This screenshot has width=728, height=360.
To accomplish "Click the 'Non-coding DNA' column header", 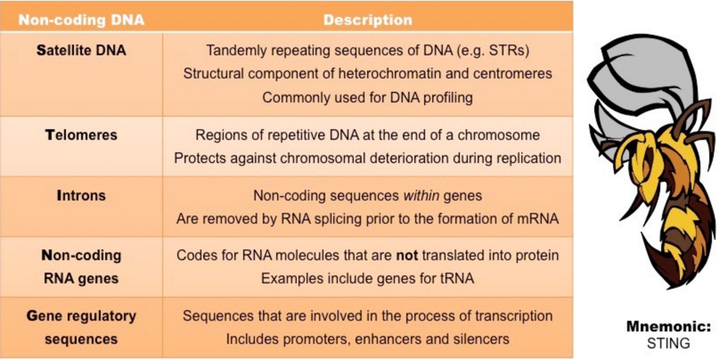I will coord(81,21).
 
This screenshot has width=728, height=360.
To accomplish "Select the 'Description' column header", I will coord(367,21).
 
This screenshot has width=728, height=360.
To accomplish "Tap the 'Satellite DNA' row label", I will coord(81,51).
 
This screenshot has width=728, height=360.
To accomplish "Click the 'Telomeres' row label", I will coord(81,135).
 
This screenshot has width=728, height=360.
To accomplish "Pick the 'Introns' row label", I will coord(81,195).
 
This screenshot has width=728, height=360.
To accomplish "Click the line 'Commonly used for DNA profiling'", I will coord(367,98).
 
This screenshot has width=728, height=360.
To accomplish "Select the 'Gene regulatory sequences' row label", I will coord(81,327).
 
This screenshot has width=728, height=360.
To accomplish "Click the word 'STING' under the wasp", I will coord(669,343).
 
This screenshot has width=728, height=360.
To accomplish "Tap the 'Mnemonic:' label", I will coord(669,327).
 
